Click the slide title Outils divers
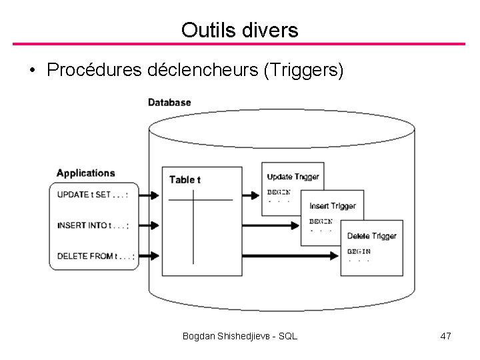point(239,29)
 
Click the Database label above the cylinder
point(169,102)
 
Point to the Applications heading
point(85,173)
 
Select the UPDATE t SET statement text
point(93,195)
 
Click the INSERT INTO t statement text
point(93,225)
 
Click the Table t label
point(185,179)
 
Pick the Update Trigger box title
point(293,177)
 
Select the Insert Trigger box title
point(332,206)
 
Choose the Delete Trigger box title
point(372,236)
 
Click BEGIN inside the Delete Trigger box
point(359,251)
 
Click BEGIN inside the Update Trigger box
point(279,191)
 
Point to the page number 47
point(446,337)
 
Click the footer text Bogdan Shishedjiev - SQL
point(239,337)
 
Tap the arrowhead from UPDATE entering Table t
point(155,195)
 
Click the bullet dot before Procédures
point(32,71)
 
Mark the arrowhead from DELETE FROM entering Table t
point(155,255)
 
